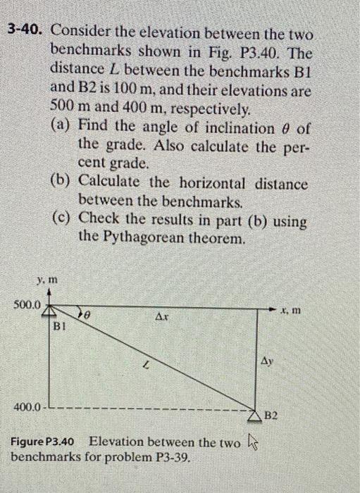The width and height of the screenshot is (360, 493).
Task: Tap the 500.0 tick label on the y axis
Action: coord(27,305)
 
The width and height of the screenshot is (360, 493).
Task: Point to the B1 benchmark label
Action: coord(61,325)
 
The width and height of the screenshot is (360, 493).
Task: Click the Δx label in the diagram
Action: coord(162,318)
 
